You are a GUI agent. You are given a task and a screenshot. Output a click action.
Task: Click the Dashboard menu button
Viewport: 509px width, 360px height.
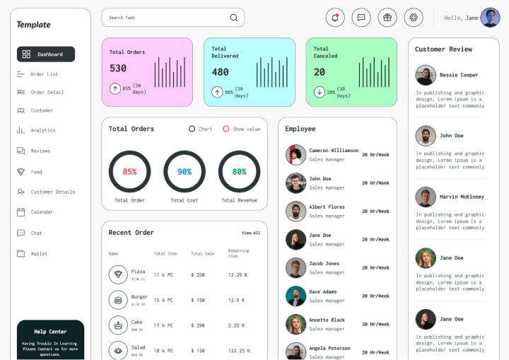point(46,54)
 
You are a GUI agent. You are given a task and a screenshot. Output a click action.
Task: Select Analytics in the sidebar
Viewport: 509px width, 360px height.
point(42,130)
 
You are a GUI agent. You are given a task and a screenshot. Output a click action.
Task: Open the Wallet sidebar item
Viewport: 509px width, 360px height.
point(39,253)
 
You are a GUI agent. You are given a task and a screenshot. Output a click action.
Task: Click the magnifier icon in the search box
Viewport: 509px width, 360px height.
point(234,18)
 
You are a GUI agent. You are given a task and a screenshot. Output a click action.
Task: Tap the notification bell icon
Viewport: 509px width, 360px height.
point(335,18)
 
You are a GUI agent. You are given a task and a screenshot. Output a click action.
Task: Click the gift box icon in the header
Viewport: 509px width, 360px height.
point(387,18)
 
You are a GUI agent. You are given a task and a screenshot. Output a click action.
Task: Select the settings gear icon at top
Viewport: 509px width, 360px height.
point(414,18)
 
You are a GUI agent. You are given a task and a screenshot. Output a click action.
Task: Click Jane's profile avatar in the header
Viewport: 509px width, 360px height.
point(490,18)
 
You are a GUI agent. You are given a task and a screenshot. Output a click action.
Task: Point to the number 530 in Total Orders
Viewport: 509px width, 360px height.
point(118,69)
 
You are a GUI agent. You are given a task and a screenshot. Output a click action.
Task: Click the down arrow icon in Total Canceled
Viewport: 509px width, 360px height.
point(320,91)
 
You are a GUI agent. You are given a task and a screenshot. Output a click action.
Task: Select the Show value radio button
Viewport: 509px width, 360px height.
point(226,129)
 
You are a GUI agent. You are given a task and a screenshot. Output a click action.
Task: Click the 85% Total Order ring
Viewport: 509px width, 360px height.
point(129,171)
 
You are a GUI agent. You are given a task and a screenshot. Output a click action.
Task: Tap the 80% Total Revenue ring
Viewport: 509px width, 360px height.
point(239,171)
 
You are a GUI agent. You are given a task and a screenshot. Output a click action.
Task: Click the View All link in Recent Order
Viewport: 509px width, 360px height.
point(251,233)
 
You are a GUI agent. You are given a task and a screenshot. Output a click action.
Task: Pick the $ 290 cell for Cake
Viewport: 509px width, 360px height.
point(198,325)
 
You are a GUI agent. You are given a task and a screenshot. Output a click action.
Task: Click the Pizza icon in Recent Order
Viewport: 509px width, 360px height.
point(118,274)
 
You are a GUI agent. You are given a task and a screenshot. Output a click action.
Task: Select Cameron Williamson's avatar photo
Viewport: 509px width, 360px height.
point(296,154)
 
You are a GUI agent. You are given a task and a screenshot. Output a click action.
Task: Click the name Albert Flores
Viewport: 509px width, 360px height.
point(327,207)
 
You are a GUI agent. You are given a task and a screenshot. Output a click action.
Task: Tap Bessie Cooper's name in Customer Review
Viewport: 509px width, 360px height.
point(459,75)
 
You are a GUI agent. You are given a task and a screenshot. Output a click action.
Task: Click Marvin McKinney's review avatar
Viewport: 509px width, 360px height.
point(426,197)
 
